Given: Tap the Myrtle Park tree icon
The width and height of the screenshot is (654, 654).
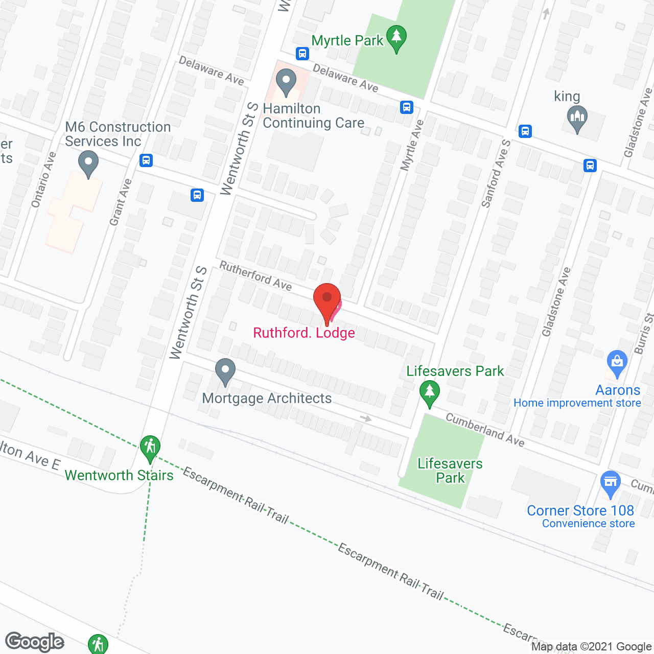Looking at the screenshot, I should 396,39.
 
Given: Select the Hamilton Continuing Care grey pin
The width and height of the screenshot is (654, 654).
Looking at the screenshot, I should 286,82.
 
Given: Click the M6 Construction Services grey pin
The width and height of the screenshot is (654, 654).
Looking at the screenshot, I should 88,165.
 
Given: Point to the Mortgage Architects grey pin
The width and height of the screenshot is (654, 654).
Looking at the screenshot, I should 225,371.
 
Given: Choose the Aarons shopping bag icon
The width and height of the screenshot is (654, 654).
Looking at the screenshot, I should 617,363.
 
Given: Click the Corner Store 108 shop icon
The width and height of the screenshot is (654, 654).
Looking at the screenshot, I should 611,483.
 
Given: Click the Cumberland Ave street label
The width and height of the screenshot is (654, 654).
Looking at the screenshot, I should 485,430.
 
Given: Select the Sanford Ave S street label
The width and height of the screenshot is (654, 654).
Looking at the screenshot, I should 496,174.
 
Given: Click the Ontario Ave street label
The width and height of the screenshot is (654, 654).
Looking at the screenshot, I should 43,180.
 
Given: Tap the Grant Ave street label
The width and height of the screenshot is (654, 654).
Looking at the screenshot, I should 121,202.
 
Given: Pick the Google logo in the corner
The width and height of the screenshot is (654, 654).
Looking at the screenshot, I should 35,642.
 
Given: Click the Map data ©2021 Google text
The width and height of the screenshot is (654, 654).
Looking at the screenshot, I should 591,647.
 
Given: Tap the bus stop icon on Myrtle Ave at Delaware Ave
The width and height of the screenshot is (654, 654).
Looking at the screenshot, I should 407,107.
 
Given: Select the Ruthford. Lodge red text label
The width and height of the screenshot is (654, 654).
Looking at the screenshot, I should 304,333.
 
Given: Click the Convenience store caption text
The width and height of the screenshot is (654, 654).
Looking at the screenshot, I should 588,524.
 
